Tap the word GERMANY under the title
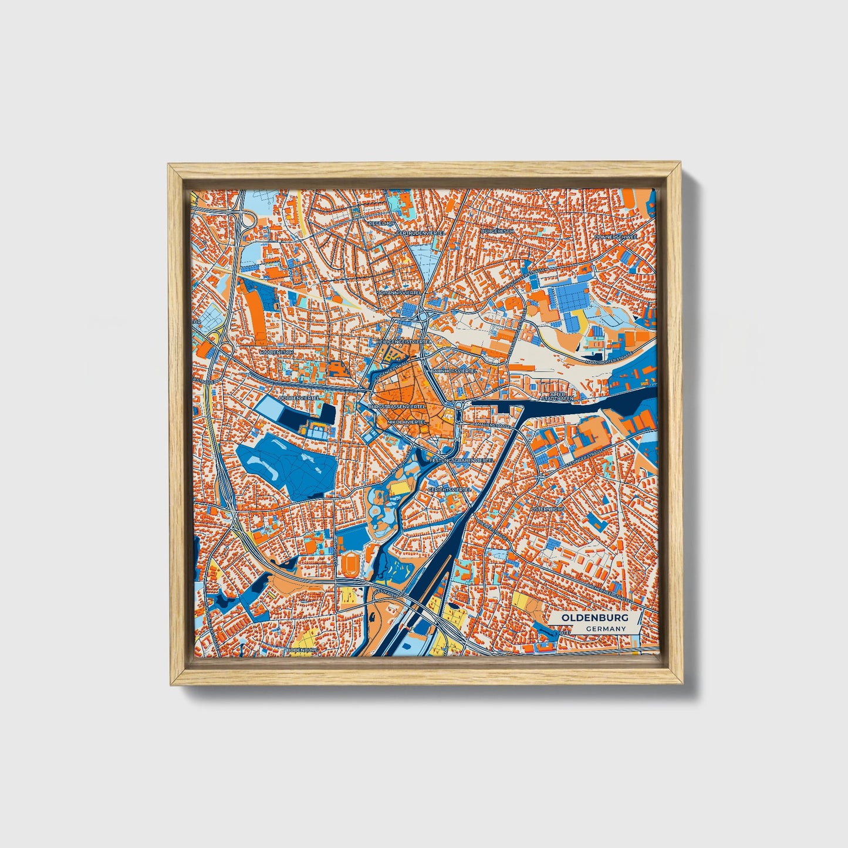(606, 629)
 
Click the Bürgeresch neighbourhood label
(497, 231)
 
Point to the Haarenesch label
(276, 352)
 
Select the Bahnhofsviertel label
(451, 371)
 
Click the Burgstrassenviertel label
(397, 406)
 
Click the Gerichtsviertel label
(450, 489)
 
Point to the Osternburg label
(548, 509)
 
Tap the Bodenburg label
(302, 650)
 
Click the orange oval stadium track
(350, 565)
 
